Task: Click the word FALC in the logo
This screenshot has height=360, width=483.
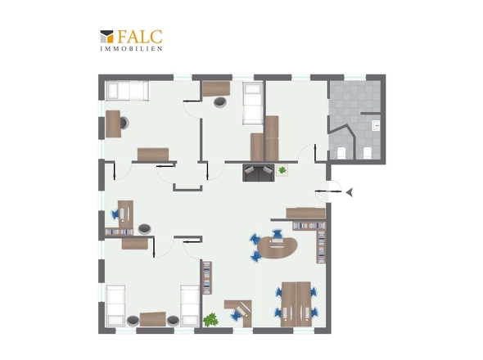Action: pos(139,37)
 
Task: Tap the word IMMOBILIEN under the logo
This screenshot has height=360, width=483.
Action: pos(131,48)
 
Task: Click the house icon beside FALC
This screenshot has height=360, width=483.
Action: pos(107,36)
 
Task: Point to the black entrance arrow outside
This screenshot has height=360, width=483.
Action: pos(350,193)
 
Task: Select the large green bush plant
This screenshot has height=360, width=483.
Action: pos(210,320)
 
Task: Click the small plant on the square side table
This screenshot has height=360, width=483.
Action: pos(282,169)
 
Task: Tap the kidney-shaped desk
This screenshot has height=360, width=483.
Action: pos(278,247)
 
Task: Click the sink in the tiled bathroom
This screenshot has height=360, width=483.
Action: pos(376,126)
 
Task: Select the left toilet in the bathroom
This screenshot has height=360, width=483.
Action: pos(341,153)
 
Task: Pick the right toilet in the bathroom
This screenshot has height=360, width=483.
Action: pos(368,153)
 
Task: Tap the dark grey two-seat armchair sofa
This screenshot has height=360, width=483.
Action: pos(258,173)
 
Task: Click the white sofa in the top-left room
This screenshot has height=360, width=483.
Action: pos(127,91)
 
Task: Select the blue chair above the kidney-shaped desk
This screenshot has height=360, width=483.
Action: pos(278,233)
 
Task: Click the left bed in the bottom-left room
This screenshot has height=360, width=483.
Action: pos(115,305)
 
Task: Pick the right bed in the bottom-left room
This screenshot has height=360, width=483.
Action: pos(190,305)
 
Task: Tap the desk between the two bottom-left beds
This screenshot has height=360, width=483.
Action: pos(153,319)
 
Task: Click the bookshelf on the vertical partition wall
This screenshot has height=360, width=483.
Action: pos(207,278)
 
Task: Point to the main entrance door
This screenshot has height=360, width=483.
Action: pos(328,191)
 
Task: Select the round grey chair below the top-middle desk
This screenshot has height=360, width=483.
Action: pos(220,102)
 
